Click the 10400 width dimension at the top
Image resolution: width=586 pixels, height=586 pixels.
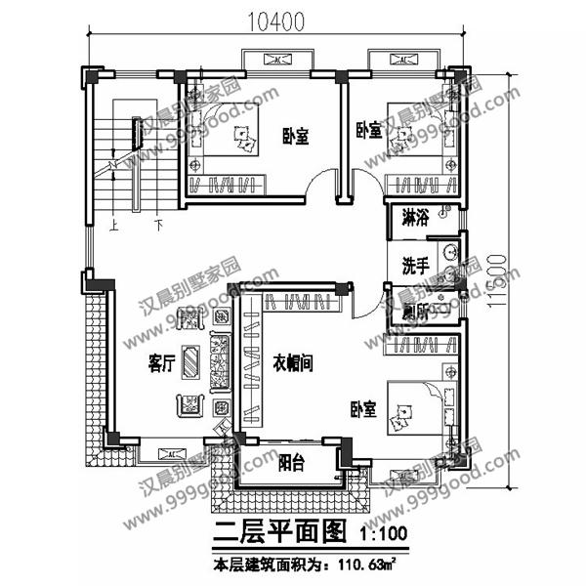[276, 19]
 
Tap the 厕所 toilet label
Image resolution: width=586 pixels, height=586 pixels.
[416, 312]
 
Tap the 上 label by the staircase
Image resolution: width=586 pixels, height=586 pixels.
[115, 223]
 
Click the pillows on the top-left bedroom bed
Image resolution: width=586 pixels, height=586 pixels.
[244, 144]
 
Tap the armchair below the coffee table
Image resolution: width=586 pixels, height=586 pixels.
[189, 403]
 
